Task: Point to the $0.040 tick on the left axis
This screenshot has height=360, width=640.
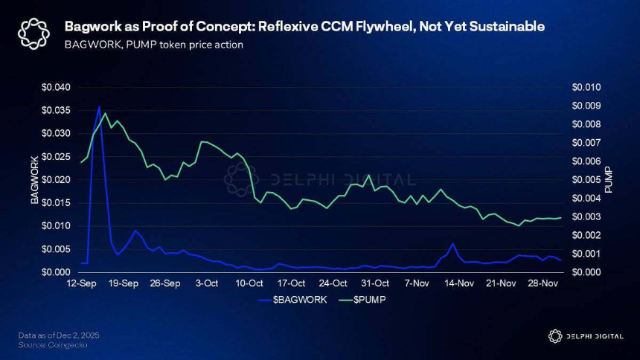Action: [x=56, y=88]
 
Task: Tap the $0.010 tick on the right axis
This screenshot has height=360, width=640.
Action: [x=585, y=88]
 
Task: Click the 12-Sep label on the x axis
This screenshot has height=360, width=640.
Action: [x=81, y=283]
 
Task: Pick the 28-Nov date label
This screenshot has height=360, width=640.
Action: [x=543, y=283]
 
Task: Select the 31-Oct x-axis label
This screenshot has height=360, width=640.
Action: [x=376, y=283]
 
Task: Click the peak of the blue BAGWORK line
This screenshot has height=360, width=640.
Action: [x=99, y=106]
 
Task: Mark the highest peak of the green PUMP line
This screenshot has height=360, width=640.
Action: [x=105, y=114]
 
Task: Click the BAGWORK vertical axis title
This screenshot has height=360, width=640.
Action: [x=33, y=180]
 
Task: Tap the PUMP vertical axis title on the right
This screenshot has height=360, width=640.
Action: [x=608, y=180]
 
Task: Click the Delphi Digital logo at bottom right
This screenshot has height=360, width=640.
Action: [x=585, y=336]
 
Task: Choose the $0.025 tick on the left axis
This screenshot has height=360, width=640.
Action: [x=56, y=157]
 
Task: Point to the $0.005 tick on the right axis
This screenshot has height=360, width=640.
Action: [x=585, y=180]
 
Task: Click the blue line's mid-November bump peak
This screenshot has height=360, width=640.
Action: [x=452, y=243]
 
